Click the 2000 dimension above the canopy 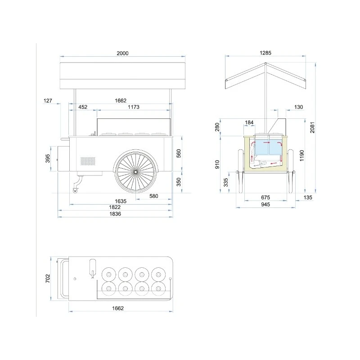(122, 53)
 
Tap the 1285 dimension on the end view (265, 53)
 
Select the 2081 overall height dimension (312, 127)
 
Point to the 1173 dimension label (134, 107)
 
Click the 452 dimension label (83, 107)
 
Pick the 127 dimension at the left (48, 100)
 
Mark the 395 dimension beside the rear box (48, 158)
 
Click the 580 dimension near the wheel (154, 196)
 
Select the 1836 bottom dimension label (115, 214)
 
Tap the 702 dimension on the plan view (48, 279)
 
